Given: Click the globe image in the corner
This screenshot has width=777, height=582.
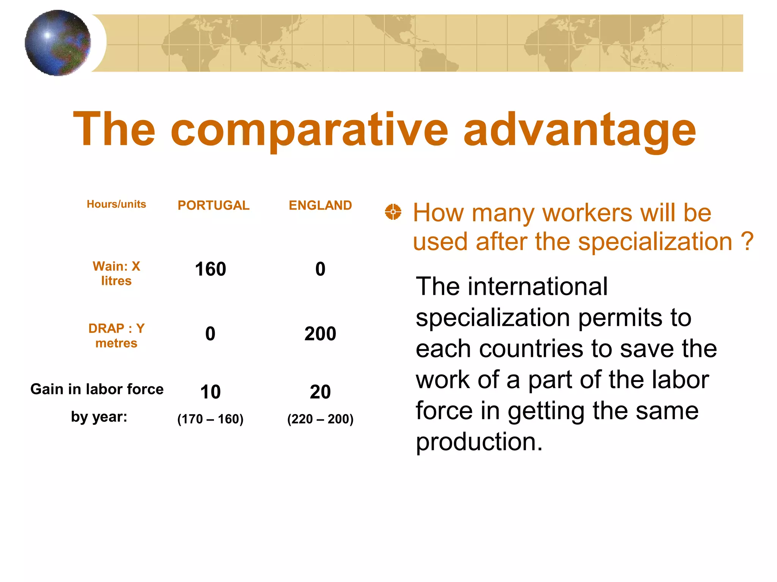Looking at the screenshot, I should pyautogui.click(x=58, y=43).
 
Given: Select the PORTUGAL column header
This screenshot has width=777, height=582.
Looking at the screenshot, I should pyautogui.click(x=213, y=205).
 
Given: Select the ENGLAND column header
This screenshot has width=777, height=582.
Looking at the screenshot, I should pyautogui.click(x=320, y=205).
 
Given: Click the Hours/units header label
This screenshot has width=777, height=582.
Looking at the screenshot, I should pyautogui.click(x=116, y=204).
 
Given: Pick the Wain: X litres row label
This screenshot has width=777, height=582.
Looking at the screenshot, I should pyautogui.click(x=116, y=273).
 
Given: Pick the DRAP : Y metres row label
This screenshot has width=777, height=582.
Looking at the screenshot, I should pyautogui.click(x=116, y=335).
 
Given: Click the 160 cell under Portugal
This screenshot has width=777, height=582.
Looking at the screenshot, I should pyautogui.click(x=210, y=269).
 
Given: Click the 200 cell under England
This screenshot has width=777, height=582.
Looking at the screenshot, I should pyautogui.click(x=320, y=334).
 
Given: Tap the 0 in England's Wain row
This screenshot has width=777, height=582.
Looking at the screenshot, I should pyautogui.click(x=320, y=269).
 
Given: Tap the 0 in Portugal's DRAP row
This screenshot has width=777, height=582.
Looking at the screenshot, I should pyautogui.click(x=210, y=334).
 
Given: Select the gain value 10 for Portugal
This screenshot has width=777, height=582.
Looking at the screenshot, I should pyautogui.click(x=210, y=392).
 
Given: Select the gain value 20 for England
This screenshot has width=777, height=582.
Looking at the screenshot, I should pyautogui.click(x=320, y=392).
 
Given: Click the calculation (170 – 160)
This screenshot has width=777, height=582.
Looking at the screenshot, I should pyautogui.click(x=210, y=419).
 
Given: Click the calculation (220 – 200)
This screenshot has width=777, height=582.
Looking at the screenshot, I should pyautogui.click(x=320, y=419).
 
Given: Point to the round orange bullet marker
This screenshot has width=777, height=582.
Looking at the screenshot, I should pyautogui.click(x=393, y=212).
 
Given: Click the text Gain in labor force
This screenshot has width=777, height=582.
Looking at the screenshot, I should pyautogui.click(x=97, y=389).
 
